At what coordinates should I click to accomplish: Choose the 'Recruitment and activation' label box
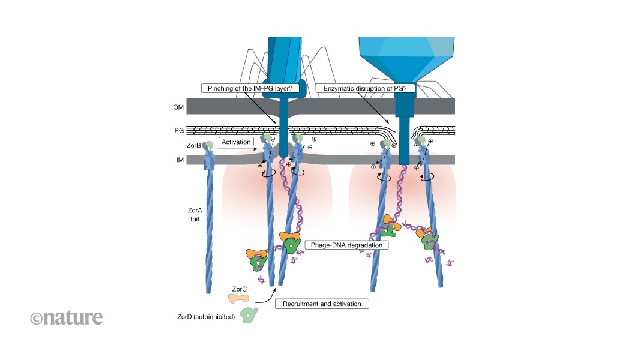coord(322,304)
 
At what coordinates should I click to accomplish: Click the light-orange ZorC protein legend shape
coord(238,298)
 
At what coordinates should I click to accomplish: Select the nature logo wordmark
coord(66,316)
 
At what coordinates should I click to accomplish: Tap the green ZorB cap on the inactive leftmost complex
coord(209,145)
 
